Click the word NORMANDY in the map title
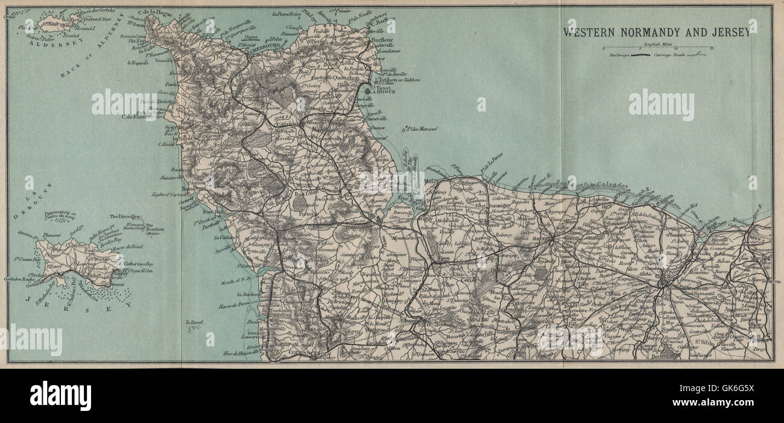click(650, 32)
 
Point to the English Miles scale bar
click(657, 46)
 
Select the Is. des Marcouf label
click(420, 128)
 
